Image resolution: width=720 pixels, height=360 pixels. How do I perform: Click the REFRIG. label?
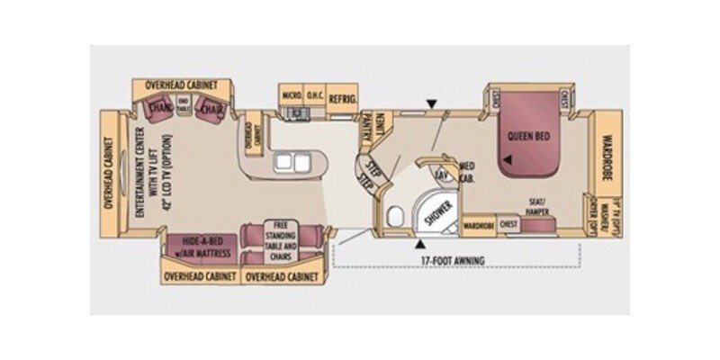coord(343,98)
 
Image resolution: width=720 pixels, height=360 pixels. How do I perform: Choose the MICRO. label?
coord(291,94)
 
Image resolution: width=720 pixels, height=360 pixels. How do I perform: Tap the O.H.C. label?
coord(314,94)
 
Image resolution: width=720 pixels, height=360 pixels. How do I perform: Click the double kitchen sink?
coord(290,163)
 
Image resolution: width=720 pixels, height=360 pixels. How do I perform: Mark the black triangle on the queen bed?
coord(508,160)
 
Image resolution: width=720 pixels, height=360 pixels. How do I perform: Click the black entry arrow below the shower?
coord(419,242)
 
